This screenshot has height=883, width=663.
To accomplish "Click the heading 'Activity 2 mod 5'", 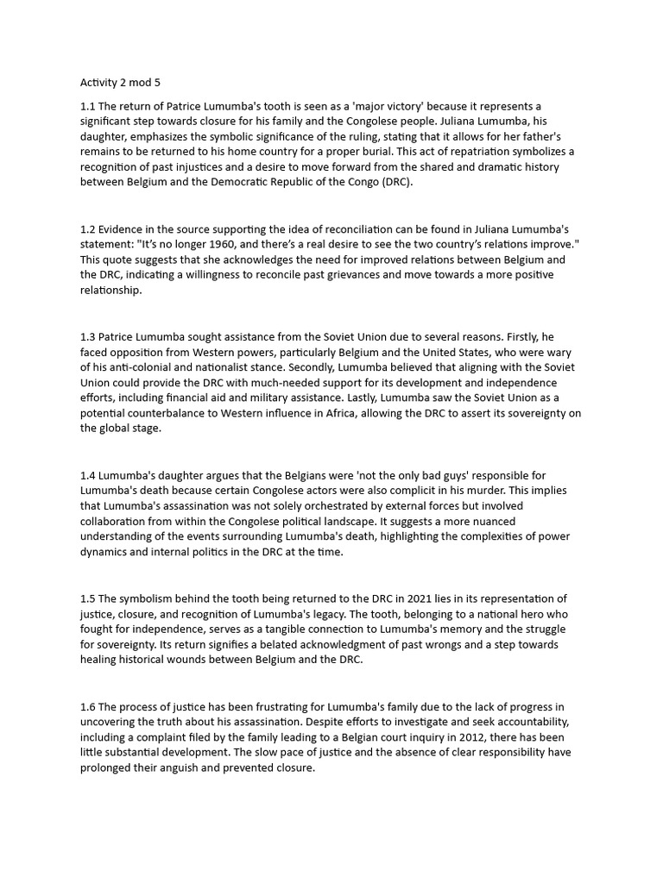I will click(121, 83).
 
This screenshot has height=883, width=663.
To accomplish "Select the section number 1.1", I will click(88, 106).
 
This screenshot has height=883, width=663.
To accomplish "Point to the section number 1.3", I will click(88, 336).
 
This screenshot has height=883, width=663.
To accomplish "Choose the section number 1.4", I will click(88, 475).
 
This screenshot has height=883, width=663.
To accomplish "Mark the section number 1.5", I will click(88, 598).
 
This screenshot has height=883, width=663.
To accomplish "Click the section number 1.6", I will click(88, 706).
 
